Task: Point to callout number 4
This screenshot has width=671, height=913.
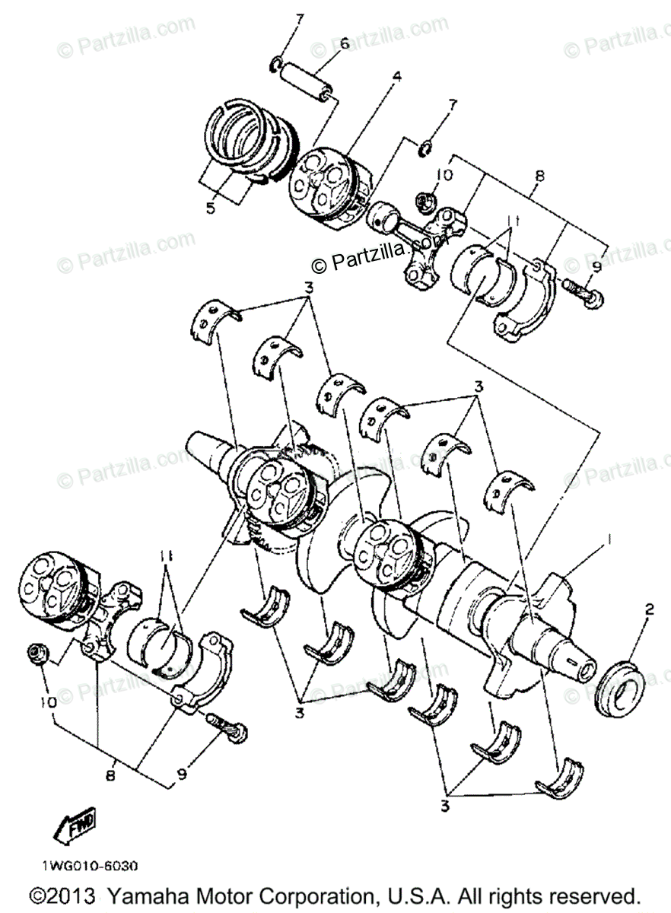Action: [396, 77]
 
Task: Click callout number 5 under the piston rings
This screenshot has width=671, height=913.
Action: [211, 207]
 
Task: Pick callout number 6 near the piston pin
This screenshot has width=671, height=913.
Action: [344, 43]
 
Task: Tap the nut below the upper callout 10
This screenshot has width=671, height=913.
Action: [425, 202]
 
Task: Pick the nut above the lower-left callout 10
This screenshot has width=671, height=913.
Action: [35, 651]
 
